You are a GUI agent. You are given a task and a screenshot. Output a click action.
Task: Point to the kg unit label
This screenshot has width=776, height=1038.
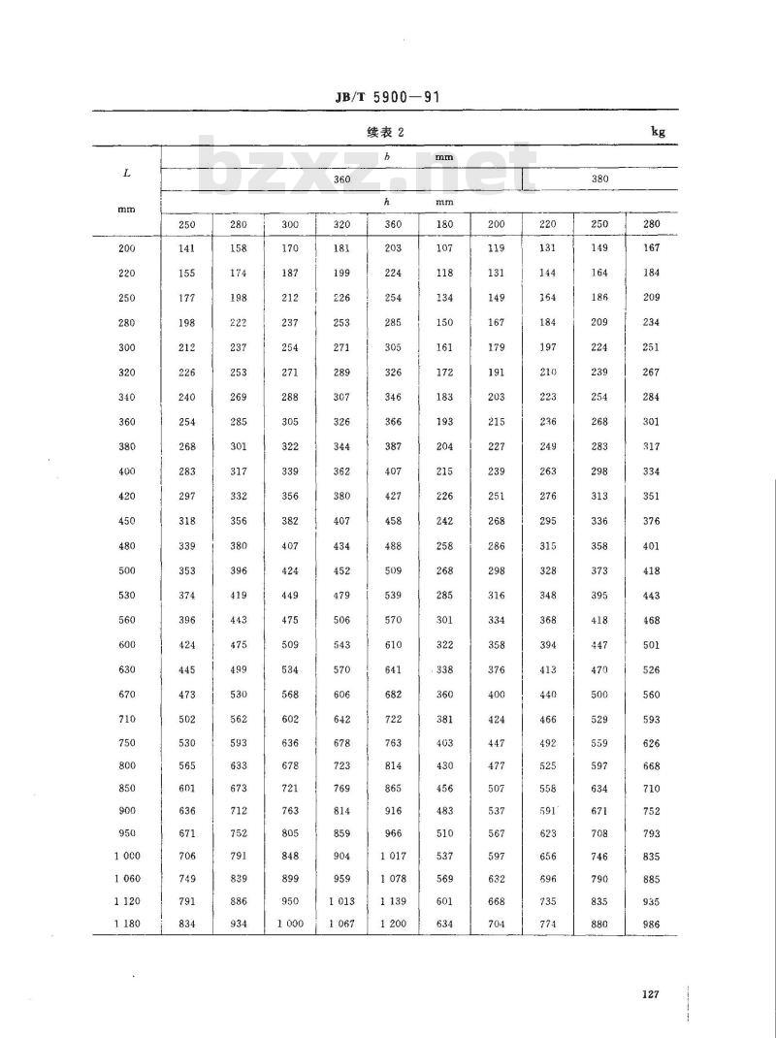tap(659, 132)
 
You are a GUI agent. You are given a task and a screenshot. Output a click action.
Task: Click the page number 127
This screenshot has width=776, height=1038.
tap(650, 993)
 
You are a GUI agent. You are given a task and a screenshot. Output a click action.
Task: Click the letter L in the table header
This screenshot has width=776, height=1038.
tap(127, 173)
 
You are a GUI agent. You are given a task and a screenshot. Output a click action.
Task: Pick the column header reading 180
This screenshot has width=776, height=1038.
tap(445, 224)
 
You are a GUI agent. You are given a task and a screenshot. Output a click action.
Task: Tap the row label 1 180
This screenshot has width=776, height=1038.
tap(127, 924)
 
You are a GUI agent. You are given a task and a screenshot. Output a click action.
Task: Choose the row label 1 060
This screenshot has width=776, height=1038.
tap(127, 879)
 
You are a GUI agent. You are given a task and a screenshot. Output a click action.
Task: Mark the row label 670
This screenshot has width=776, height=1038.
tap(127, 695)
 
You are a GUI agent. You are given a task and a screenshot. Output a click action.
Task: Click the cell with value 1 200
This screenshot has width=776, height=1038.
tap(393, 924)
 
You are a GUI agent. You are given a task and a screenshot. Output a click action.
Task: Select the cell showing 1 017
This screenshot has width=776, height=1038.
tap(393, 857)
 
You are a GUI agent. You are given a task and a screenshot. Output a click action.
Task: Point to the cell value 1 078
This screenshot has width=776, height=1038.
tap(393, 879)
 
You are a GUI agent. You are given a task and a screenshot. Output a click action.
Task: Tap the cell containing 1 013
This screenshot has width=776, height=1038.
tap(341, 901)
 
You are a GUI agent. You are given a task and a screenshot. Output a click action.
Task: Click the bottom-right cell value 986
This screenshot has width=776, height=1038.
tap(651, 924)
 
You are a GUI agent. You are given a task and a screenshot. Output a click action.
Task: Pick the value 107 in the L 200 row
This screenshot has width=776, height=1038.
tap(445, 248)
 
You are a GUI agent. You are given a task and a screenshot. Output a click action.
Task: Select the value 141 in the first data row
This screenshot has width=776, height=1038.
tap(187, 248)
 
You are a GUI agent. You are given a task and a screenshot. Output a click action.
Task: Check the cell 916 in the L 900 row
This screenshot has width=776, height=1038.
tap(393, 811)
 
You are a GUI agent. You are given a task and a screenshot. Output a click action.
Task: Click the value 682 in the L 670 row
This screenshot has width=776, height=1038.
tap(393, 695)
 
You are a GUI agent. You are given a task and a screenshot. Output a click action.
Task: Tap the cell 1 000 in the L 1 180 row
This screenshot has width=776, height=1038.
tap(290, 924)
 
